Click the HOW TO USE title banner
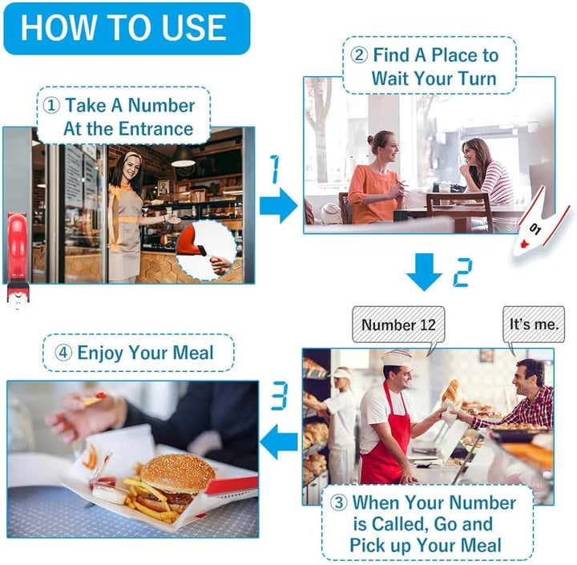[127, 29]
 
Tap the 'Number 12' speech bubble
[398, 325]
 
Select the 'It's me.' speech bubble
[534, 325]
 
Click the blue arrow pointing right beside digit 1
[279, 205]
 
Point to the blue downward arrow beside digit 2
[424, 272]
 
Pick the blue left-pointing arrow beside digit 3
[279, 442]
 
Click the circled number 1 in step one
[51, 106]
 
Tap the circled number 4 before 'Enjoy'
[63, 353]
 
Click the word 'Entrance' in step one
[156, 129]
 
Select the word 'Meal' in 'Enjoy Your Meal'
[193, 353]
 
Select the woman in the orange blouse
[375, 178]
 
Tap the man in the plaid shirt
[518, 396]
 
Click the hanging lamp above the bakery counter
[183, 157]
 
